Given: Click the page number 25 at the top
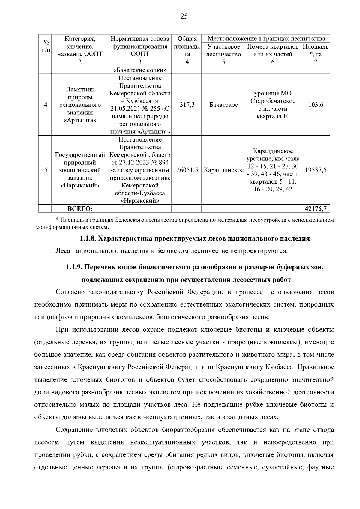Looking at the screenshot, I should coord(184,17).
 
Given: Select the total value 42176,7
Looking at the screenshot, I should coord(316,208).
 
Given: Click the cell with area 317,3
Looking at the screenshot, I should coord(187,105).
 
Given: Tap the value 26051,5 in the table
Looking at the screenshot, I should coord(187,170).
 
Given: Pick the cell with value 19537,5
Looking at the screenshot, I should coord(316,170).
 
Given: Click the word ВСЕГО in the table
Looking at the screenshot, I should coord(80,208).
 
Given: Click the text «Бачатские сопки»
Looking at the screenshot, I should coord(140,70).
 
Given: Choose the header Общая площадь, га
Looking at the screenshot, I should coord(187,46).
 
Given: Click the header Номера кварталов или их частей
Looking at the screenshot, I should coord(272,50).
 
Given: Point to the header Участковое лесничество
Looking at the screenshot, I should coord(223,50).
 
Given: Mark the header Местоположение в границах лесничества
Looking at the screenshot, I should coord(266,39).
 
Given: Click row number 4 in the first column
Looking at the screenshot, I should coord(46,105).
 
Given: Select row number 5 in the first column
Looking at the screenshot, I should coord(46,170).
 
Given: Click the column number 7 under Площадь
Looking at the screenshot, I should coord(316,62).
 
